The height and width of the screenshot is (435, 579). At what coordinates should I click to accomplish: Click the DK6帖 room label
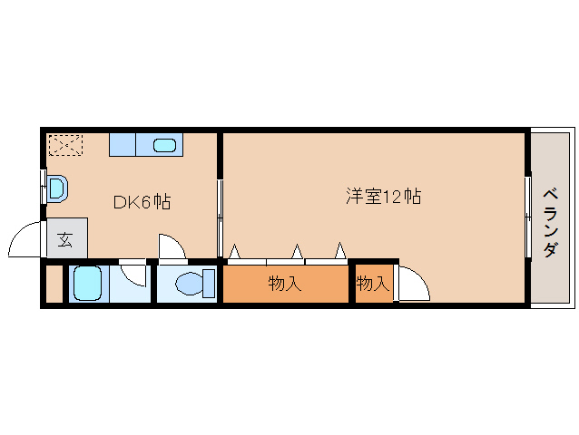click(x=142, y=202)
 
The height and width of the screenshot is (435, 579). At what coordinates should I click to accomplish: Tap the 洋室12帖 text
click(x=382, y=196)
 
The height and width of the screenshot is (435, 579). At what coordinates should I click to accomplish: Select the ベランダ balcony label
click(x=550, y=222)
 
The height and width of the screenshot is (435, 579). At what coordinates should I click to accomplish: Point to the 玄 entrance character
click(x=66, y=239)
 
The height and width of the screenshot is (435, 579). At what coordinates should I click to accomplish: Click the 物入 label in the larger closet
click(x=284, y=284)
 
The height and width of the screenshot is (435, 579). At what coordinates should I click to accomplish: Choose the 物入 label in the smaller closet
click(x=372, y=284)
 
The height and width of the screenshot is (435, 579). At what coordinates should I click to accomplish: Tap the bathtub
click(x=88, y=285)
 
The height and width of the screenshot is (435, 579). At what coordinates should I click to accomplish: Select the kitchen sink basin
click(x=165, y=144)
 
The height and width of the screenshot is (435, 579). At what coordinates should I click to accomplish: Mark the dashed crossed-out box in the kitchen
click(x=65, y=145)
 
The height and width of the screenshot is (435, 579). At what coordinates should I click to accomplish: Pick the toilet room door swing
click(x=172, y=246)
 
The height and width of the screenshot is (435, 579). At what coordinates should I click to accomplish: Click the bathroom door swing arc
click(x=133, y=273)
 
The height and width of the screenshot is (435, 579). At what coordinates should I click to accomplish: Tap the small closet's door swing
click(x=414, y=285)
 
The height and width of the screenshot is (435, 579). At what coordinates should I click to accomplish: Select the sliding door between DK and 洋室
click(x=220, y=217)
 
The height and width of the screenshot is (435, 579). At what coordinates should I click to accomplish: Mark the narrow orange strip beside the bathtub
click(x=54, y=285)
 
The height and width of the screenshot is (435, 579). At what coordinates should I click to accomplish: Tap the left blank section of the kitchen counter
click(x=122, y=144)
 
